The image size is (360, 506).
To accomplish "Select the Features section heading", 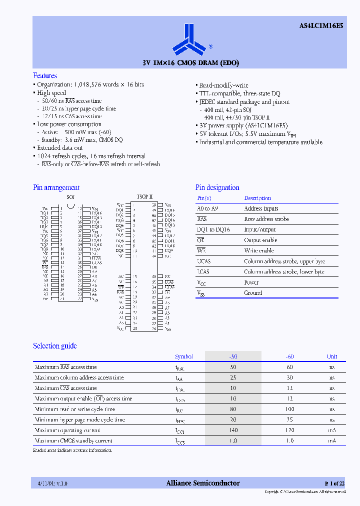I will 45,75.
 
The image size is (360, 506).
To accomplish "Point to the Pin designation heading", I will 217,187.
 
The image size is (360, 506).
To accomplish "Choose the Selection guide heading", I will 55,346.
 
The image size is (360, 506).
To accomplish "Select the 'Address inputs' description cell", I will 261,208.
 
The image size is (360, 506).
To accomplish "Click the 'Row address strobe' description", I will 266,219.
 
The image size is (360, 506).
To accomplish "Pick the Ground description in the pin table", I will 253,293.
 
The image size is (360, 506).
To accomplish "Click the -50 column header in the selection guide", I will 233,356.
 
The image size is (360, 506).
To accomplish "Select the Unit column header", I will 332,356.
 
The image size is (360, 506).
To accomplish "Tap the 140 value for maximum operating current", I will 233,430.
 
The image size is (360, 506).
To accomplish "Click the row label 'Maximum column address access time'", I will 79,377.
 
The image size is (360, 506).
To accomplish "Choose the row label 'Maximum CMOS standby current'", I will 73,441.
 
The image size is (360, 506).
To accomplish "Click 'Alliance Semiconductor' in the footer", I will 202,483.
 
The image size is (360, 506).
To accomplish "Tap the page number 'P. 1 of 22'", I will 334,483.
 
